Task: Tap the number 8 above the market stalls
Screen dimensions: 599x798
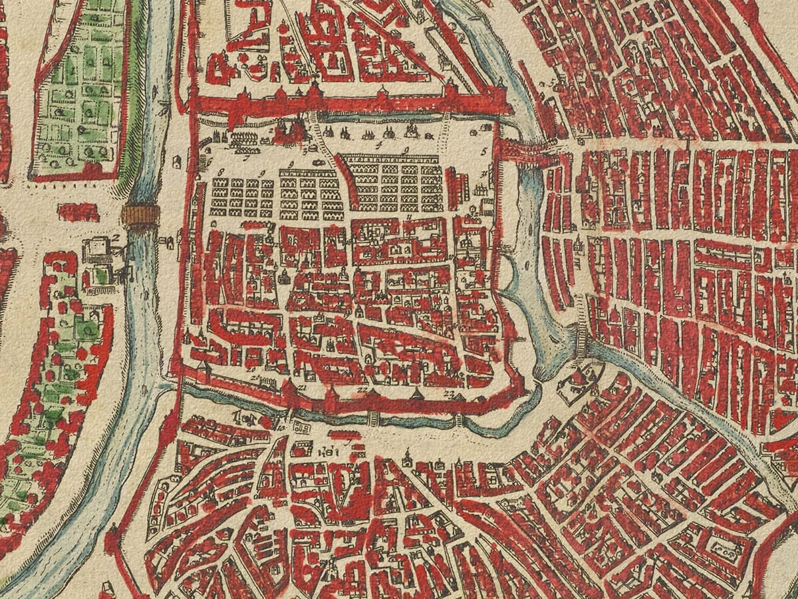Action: (x=220, y=172)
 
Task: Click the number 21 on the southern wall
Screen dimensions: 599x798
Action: (x=303, y=387)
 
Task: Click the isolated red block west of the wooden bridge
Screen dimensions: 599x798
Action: (x=78, y=212)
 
